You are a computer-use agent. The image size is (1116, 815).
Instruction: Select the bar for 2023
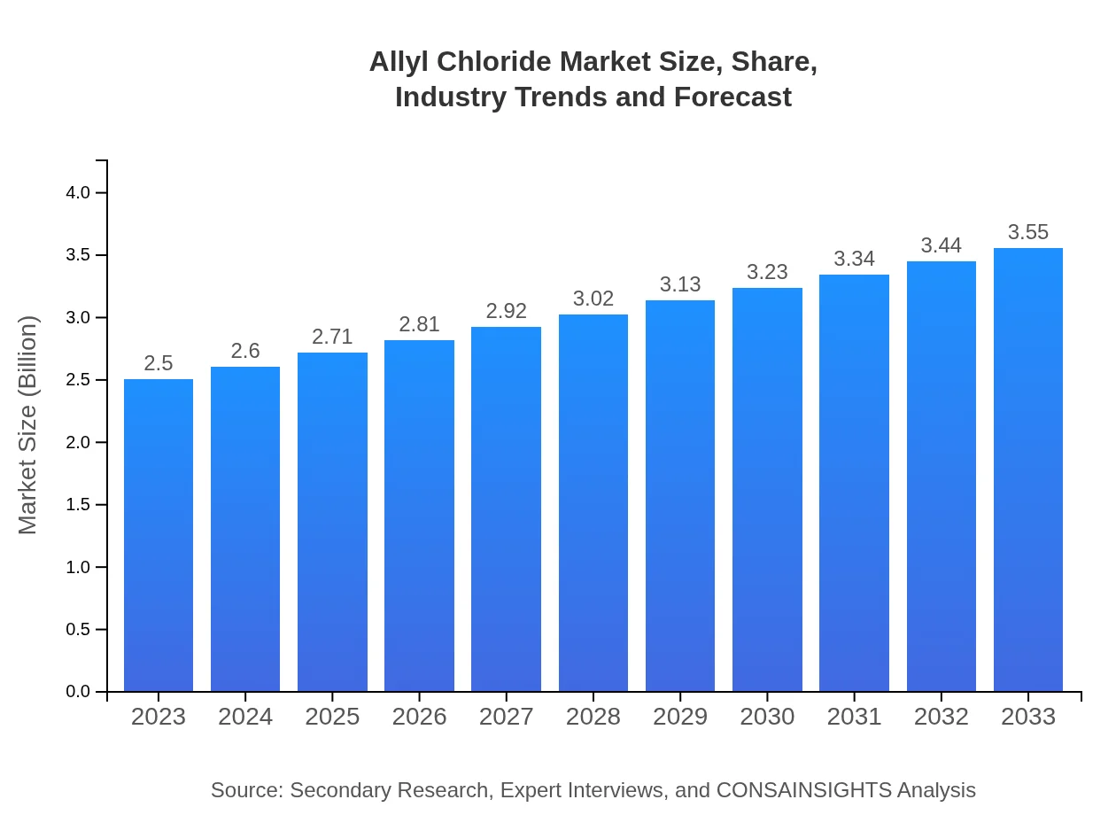pyautogui.click(x=159, y=535)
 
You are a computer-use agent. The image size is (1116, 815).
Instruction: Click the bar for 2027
pyautogui.click(x=506, y=509)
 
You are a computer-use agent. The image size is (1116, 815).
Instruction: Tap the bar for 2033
pyautogui.click(x=1027, y=470)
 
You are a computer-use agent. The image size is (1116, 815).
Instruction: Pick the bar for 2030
pyautogui.click(x=767, y=489)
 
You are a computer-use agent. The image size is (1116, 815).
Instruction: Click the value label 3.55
pyautogui.click(x=1027, y=232)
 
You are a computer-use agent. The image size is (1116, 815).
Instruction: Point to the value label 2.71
pyautogui.click(x=332, y=337)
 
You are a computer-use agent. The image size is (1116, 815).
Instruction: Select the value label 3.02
pyautogui.click(x=593, y=299)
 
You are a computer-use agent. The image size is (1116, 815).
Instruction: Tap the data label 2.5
pyautogui.click(x=159, y=363)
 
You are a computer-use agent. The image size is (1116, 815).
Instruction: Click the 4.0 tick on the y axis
pyautogui.click(x=79, y=193)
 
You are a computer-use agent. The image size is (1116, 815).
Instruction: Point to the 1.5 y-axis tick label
pyautogui.click(x=79, y=505)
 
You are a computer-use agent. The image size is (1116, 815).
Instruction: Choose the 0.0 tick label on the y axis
pyautogui.click(x=79, y=692)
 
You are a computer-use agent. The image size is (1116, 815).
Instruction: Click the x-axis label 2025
pyautogui.click(x=332, y=717)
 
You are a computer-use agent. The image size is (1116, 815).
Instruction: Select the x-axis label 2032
pyautogui.click(x=941, y=717)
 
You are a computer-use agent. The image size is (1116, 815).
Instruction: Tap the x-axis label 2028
pyautogui.click(x=593, y=717)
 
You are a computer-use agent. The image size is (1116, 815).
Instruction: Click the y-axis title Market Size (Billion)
pyautogui.click(x=28, y=425)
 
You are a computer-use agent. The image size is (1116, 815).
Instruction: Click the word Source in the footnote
pyautogui.click(x=245, y=790)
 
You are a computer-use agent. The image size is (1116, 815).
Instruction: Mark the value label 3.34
pyautogui.click(x=854, y=259)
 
